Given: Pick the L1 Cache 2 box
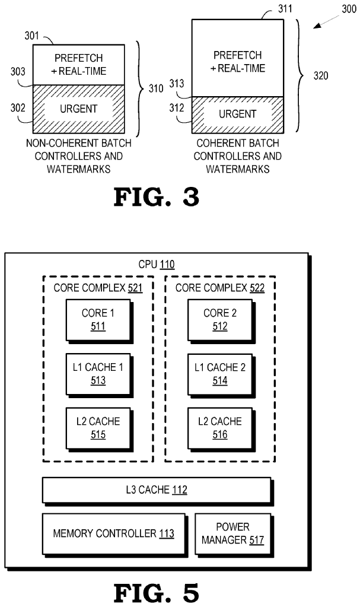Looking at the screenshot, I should pos(215,373).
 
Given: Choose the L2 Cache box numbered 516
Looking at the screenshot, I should pos(215,427).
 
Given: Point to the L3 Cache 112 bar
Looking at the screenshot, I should pos(157,490).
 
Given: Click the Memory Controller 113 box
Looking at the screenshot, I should pos(113,533).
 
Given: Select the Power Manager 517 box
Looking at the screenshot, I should pos(232,533).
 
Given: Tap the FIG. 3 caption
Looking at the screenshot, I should pos(157,196).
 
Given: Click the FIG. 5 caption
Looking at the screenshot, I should pos(157,592).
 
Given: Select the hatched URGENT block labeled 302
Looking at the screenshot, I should pos(79,109).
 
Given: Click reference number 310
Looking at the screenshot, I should pos(155,88).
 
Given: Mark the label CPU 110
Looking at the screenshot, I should pos(157,265).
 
